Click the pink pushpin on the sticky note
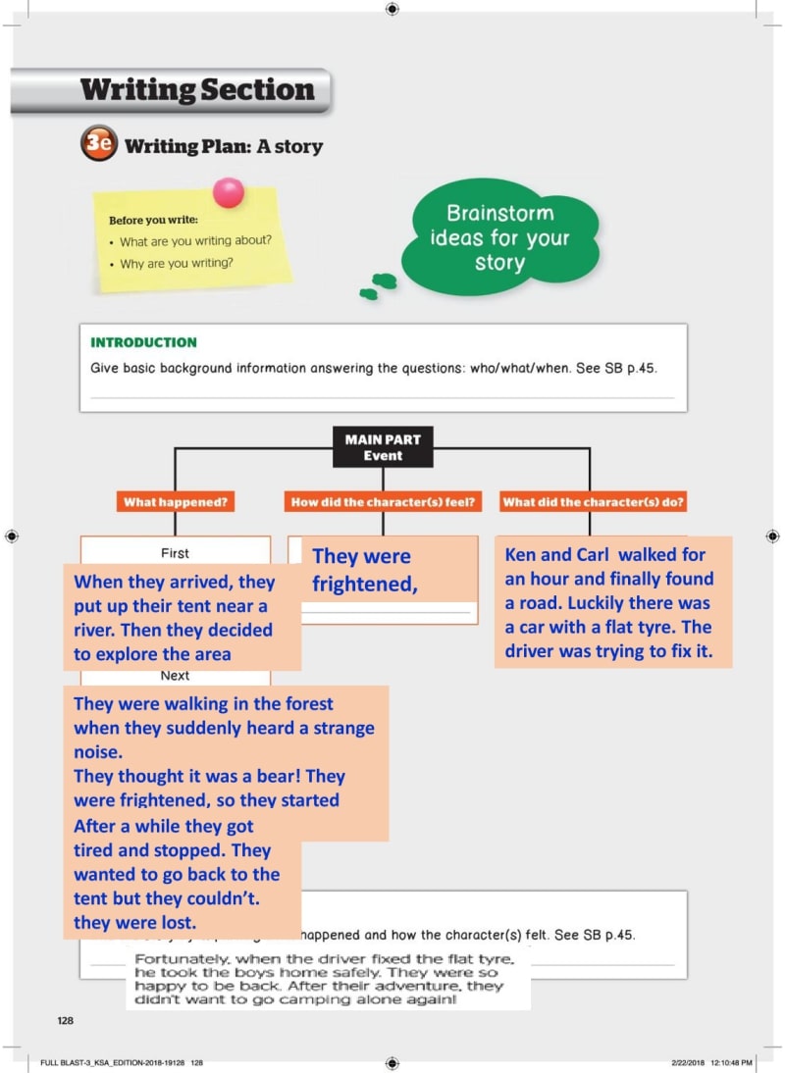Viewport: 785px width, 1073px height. click(229, 192)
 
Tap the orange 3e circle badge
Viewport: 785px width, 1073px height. click(98, 145)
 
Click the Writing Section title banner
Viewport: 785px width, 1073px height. click(196, 91)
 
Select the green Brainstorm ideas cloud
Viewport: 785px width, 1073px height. click(499, 238)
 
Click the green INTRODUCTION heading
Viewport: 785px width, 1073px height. click(143, 342)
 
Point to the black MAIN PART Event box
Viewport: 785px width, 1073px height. click(382, 448)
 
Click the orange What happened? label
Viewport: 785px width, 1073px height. click(176, 502)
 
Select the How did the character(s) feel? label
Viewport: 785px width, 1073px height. click(383, 502)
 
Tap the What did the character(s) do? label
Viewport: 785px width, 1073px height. click(593, 502)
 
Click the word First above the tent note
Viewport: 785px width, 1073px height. click(175, 553)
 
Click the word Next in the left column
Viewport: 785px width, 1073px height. click(175, 676)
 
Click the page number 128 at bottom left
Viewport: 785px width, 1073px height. click(65, 1021)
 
